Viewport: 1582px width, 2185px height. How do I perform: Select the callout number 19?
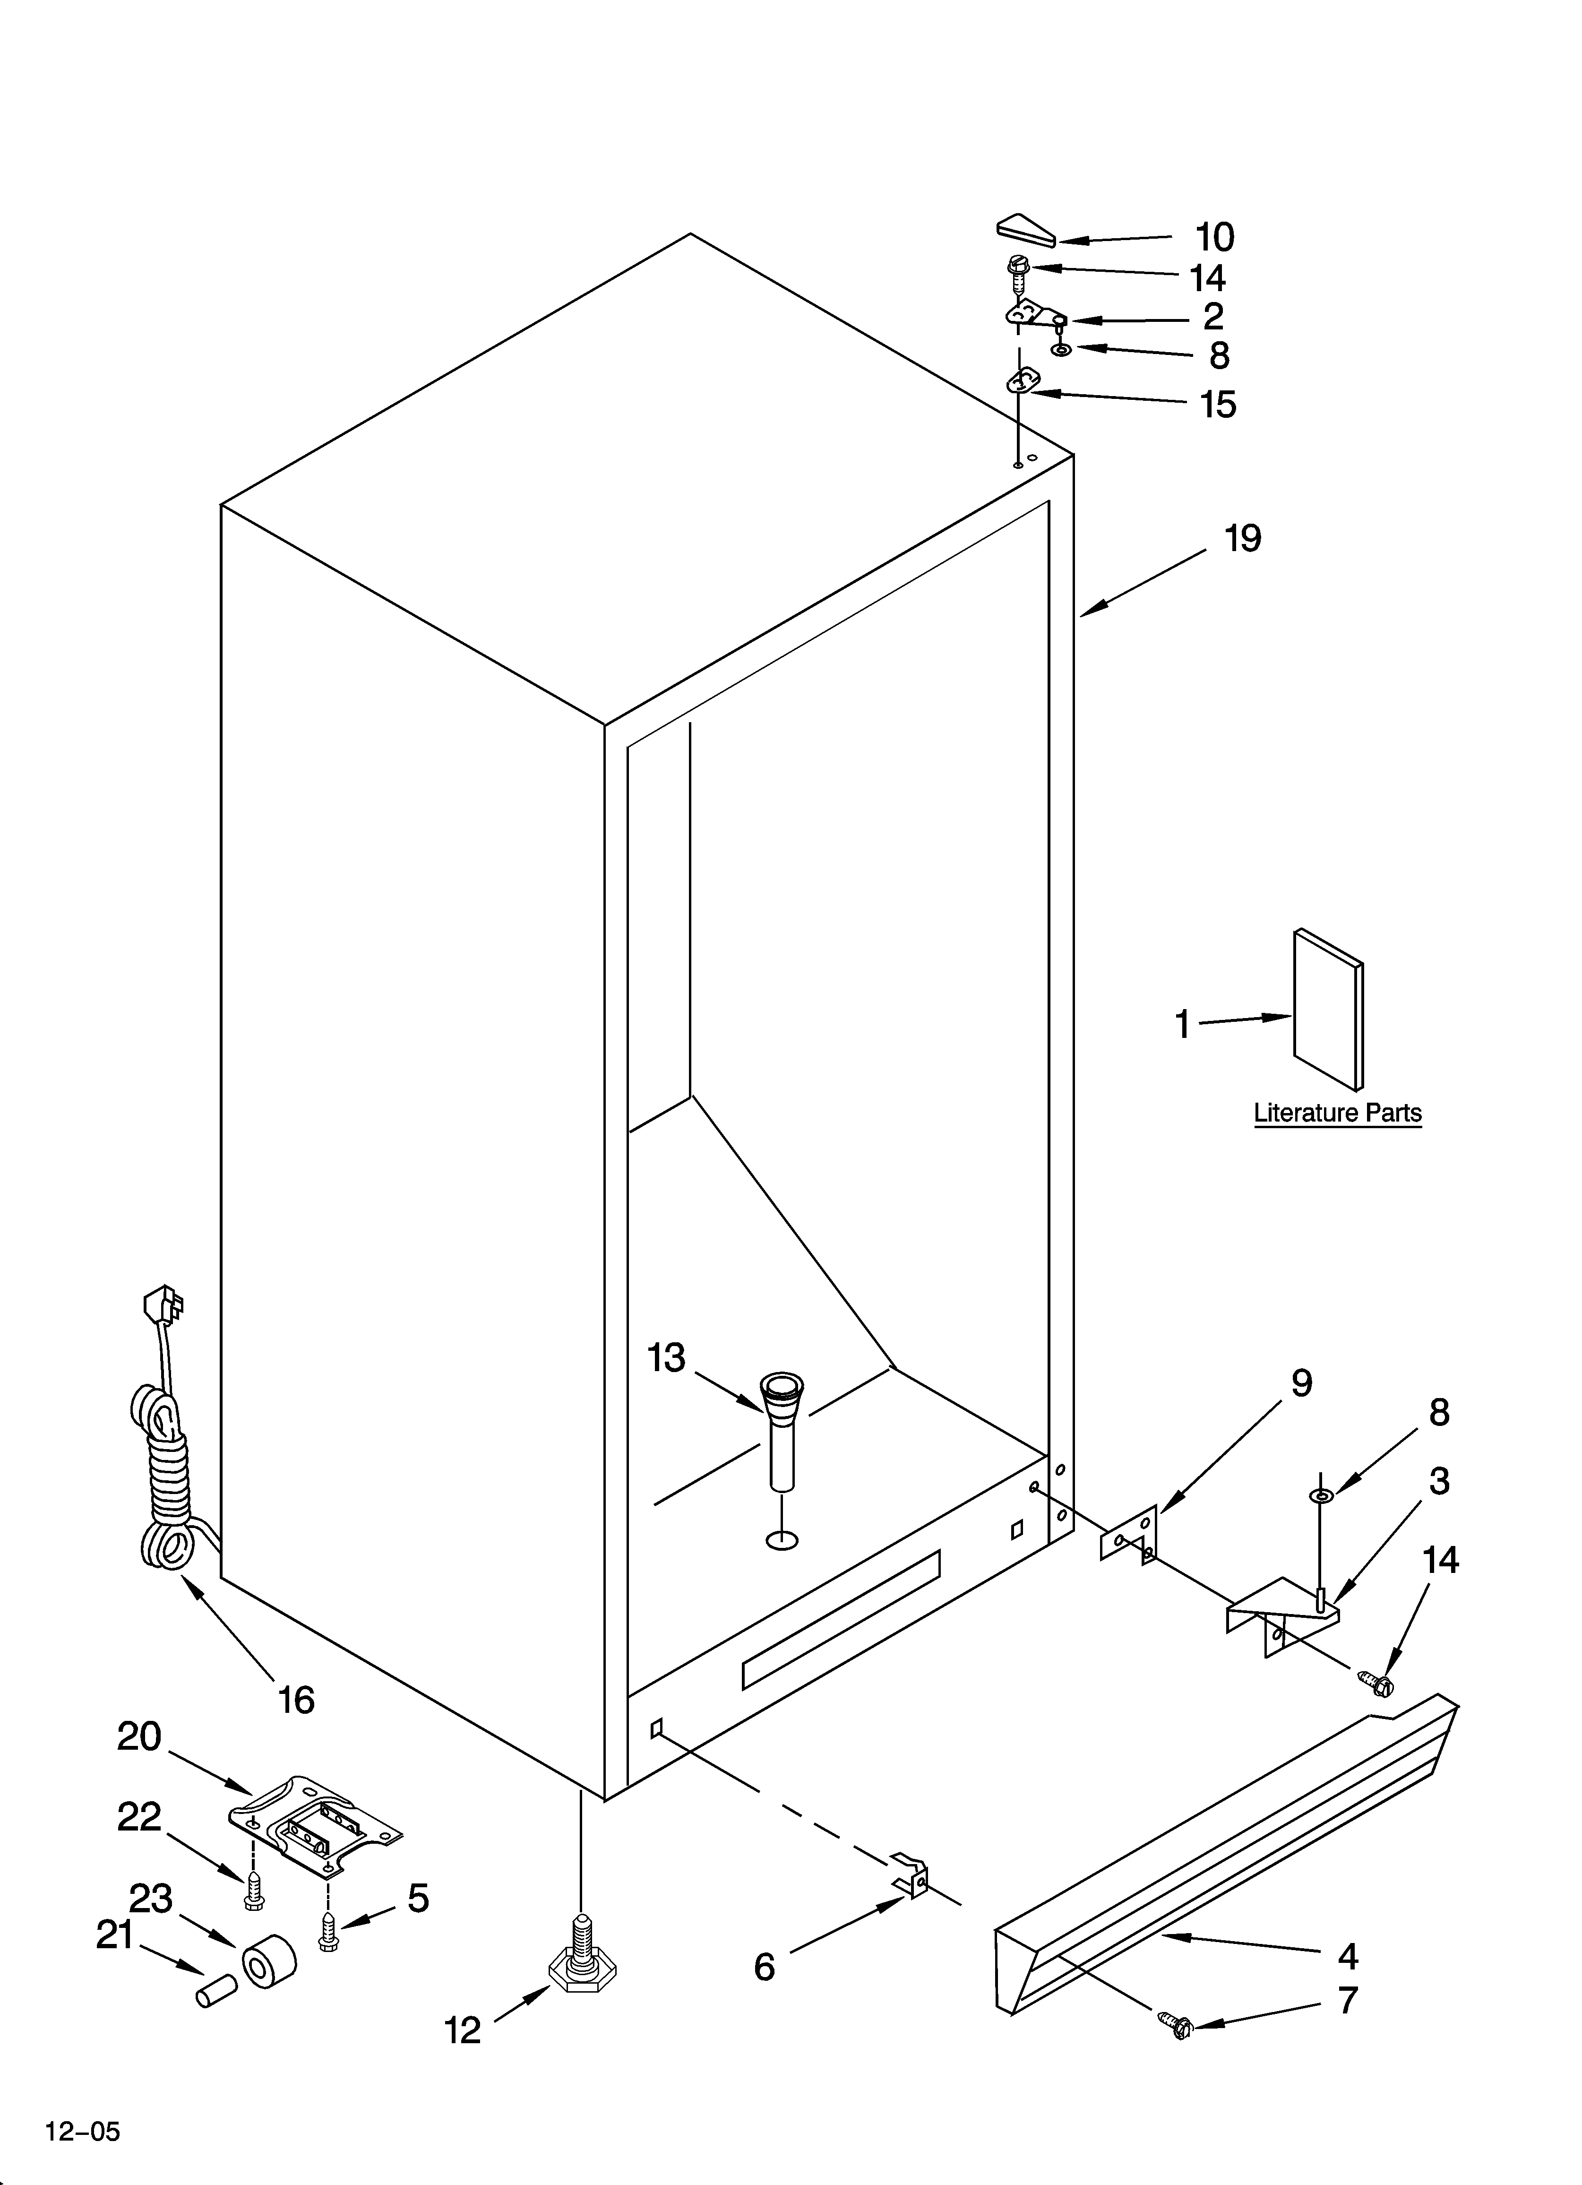pos(1243,538)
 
